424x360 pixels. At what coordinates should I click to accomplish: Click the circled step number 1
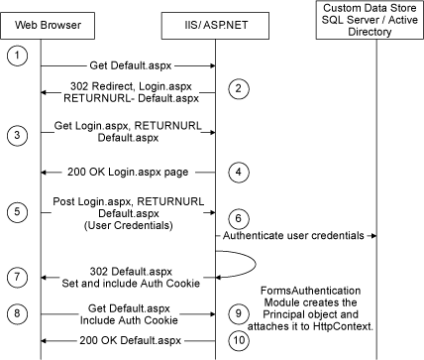(17, 56)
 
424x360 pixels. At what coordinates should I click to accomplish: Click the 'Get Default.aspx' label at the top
(129, 64)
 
